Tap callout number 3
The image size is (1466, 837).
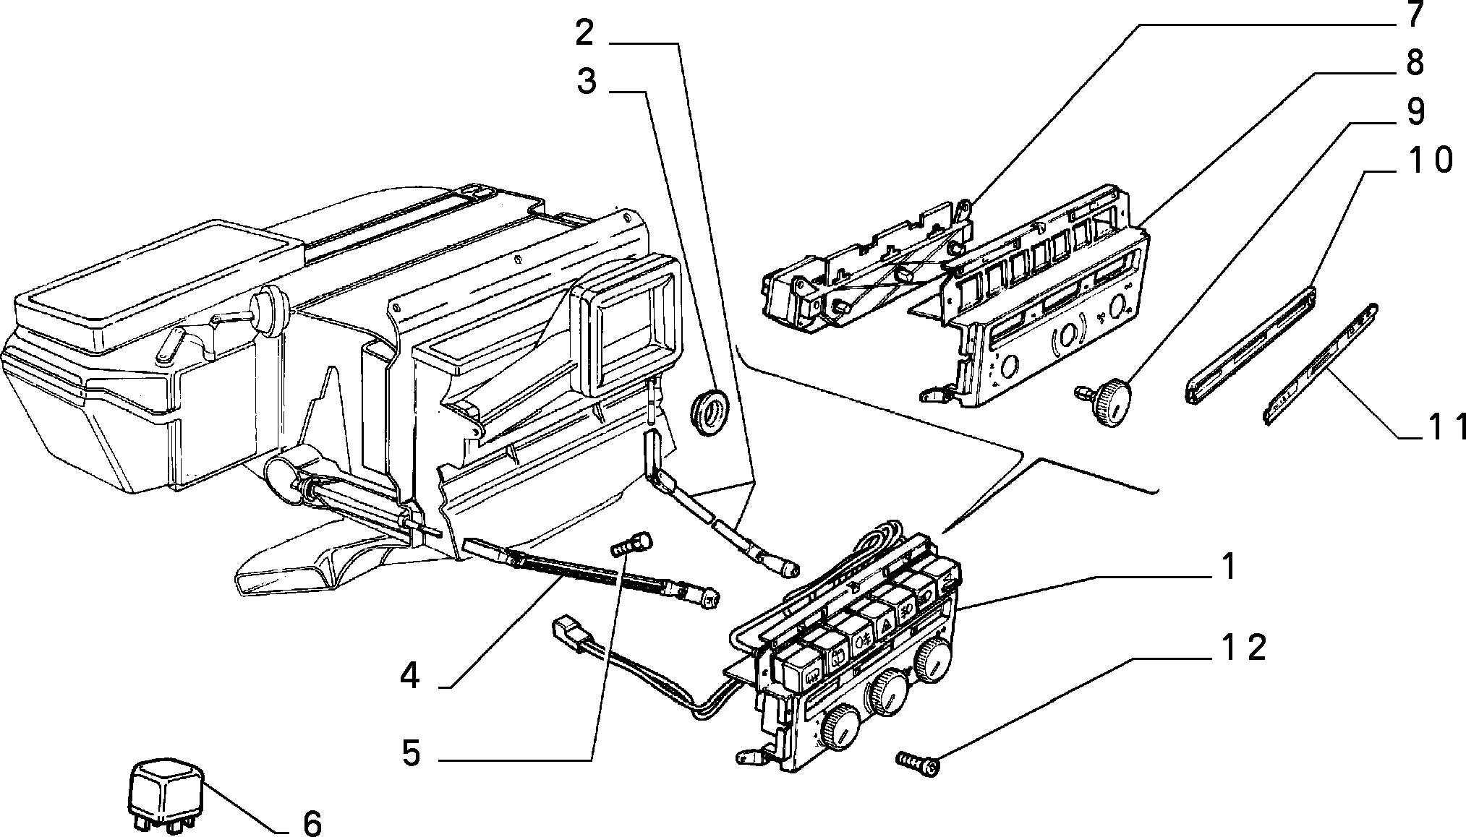coord(587,82)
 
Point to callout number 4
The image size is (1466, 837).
coord(409,677)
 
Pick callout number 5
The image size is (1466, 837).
coord(411,754)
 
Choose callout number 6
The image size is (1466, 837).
coord(312,823)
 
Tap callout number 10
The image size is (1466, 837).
coord(1420,160)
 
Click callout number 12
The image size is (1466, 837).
coord(1241,648)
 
